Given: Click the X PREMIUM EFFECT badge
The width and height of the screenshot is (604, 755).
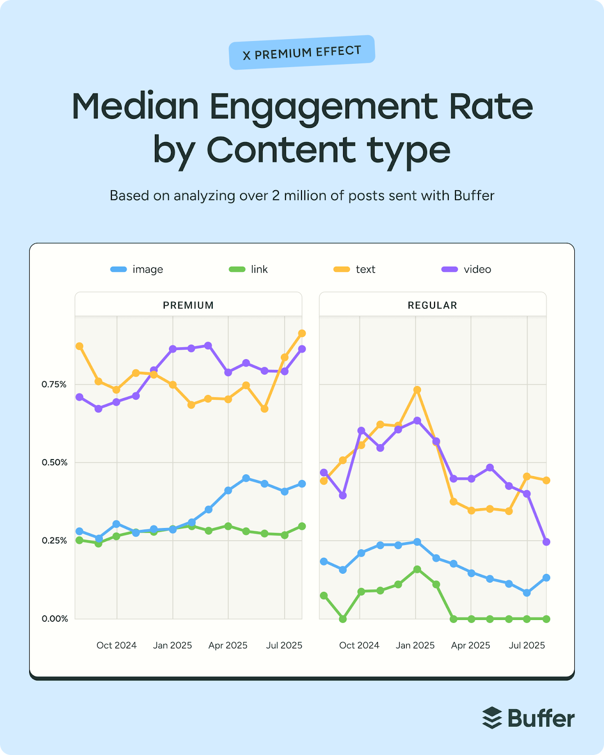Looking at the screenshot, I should [x=302, y=52].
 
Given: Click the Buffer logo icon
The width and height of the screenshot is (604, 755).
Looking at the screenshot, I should [x=492, y=718].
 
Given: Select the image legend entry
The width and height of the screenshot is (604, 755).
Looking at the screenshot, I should [x=137, y=269].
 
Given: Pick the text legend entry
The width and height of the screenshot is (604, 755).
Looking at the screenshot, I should [x=355, y=269].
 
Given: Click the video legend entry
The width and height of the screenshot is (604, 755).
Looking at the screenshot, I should [x=467, y=269].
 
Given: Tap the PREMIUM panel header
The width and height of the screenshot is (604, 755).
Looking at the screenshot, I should [x=188, y=305].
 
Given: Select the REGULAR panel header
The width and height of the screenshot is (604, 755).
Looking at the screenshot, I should [x=432, y=305].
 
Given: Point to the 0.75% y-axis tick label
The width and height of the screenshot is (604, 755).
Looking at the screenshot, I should [x=54, y=385].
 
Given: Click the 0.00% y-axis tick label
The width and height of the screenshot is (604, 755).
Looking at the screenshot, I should [x=54, y=619].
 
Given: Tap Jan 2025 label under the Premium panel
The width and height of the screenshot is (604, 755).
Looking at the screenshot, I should [x=172, y=645].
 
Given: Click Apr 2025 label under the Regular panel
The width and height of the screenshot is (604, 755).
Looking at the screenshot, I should [x=470, y=645].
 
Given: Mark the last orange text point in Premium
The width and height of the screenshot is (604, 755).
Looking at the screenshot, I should [x=302, y=334].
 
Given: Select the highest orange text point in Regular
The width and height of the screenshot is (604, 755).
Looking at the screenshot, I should [x=417, y=390].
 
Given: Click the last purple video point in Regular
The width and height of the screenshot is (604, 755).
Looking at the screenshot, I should [x=546, y=542].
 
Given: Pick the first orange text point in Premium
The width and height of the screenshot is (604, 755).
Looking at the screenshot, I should [x=79, y=346].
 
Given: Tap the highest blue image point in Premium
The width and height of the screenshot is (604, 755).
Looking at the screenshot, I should [x=246, y=478].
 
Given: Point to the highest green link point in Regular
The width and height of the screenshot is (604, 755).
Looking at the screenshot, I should [x=417, y=569].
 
